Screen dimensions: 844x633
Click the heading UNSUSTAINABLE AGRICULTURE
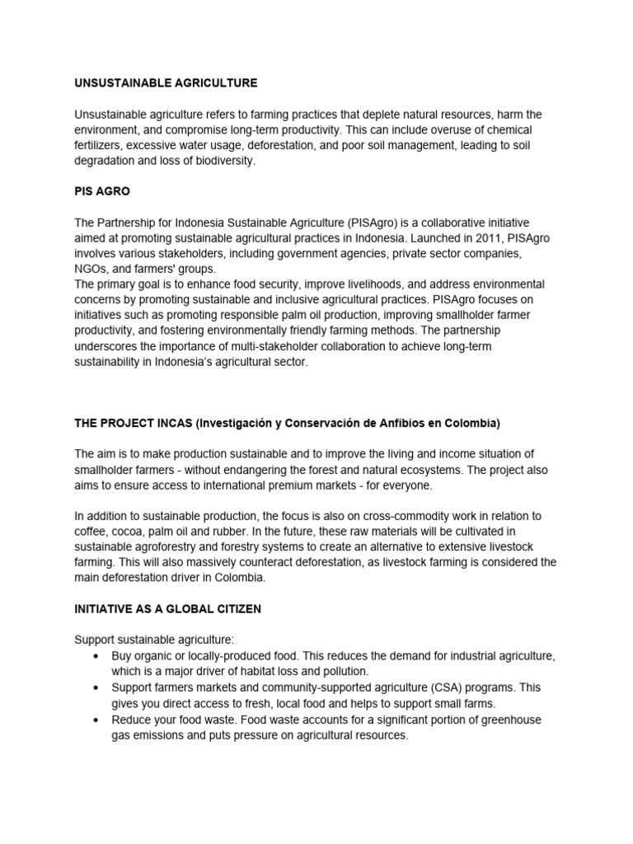[x=166, y=83]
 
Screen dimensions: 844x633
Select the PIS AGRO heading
[x=102, y=191]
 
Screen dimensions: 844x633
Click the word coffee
[x=91, y=532]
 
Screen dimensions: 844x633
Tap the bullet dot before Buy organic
[x=96, y=656]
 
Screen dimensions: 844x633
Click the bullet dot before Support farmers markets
[x=96, y=687]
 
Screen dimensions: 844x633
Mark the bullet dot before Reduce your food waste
[x=96, y=720]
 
